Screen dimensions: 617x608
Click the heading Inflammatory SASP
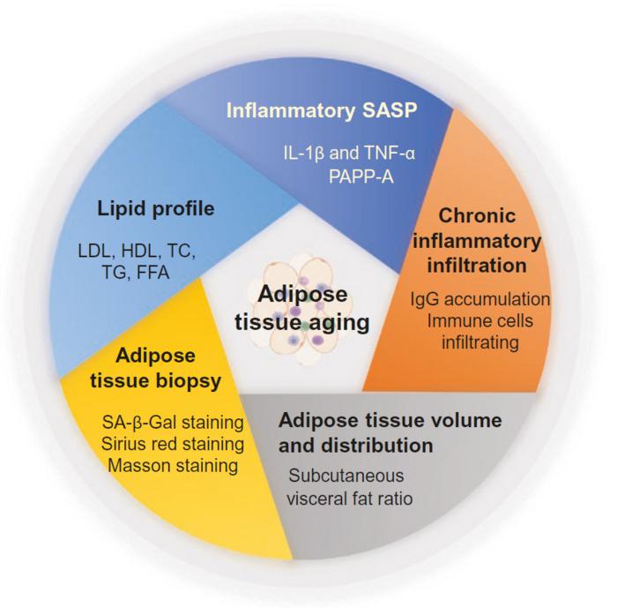point(322,110)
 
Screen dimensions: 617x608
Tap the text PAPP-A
point(361,176)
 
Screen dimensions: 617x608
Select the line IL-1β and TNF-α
point(349,153)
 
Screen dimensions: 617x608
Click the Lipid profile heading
point(156,209)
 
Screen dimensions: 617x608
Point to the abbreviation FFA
point(152,273)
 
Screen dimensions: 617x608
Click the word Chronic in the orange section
point(477,216)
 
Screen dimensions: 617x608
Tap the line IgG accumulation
point(480,299)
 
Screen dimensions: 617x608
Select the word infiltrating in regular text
point(480,342)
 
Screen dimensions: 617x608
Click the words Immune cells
point(480,320)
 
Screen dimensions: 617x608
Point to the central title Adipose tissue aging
point(302,309)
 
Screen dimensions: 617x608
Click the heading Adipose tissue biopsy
point(155,369)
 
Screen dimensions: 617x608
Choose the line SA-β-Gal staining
point(173,423)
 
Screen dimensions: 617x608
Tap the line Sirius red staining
point(173,444)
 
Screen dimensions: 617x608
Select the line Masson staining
point(173,466)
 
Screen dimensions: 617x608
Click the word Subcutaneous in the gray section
point(346,476)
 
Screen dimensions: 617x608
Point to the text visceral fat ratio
point(350,499)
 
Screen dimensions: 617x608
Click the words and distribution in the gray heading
point(356,446)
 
